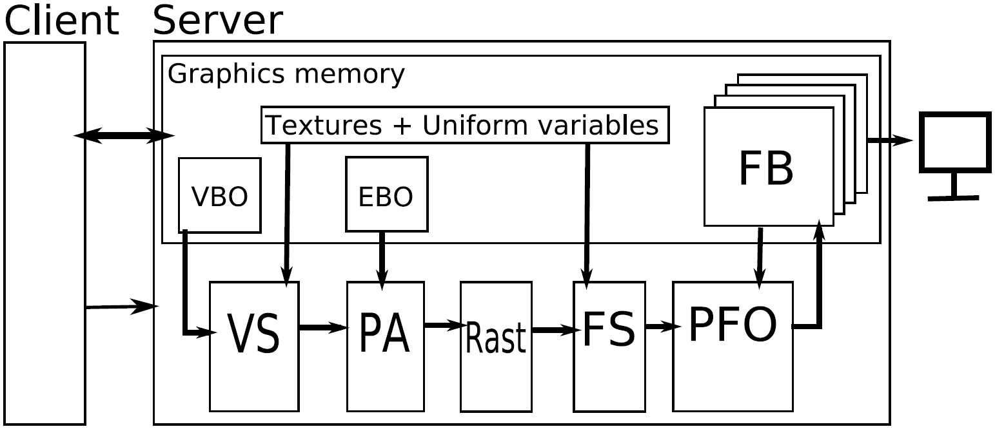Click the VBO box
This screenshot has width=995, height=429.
(219, 195)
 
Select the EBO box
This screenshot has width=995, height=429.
(386, 194)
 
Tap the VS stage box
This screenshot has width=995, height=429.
(254, 345)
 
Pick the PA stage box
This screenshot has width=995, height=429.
(385, 345)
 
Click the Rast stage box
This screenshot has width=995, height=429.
(496, 345)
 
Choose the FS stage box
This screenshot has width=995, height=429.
(609, 345)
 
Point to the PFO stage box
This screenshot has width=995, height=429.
(733, 345)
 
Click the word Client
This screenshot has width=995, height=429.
(62, 21)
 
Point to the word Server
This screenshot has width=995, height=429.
(217, 21)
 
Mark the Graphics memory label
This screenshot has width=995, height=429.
(286, 75)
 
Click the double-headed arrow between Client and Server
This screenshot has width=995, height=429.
(124, 135)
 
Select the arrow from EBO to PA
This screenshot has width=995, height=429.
(382, 258)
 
